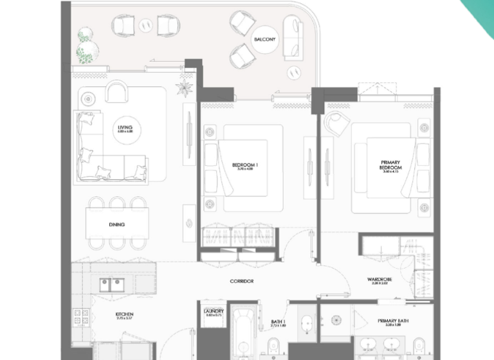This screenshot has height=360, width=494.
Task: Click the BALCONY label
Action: click(x=264, y=39)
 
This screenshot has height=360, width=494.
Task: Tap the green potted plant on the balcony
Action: click(x=86, y=43)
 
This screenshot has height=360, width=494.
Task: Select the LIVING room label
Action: click(x=125, y=129)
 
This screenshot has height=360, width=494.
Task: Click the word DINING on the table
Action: click(x=116, y=225)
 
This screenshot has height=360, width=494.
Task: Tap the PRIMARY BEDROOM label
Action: click(x=390, y=166)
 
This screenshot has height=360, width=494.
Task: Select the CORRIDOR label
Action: click(x=242, y=282)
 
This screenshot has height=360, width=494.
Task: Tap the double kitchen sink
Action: click(x=113, y=283)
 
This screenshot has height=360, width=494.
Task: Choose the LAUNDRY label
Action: click(x=213, y=313)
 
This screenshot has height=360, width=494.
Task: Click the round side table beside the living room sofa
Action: click(x=88, y=98)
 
